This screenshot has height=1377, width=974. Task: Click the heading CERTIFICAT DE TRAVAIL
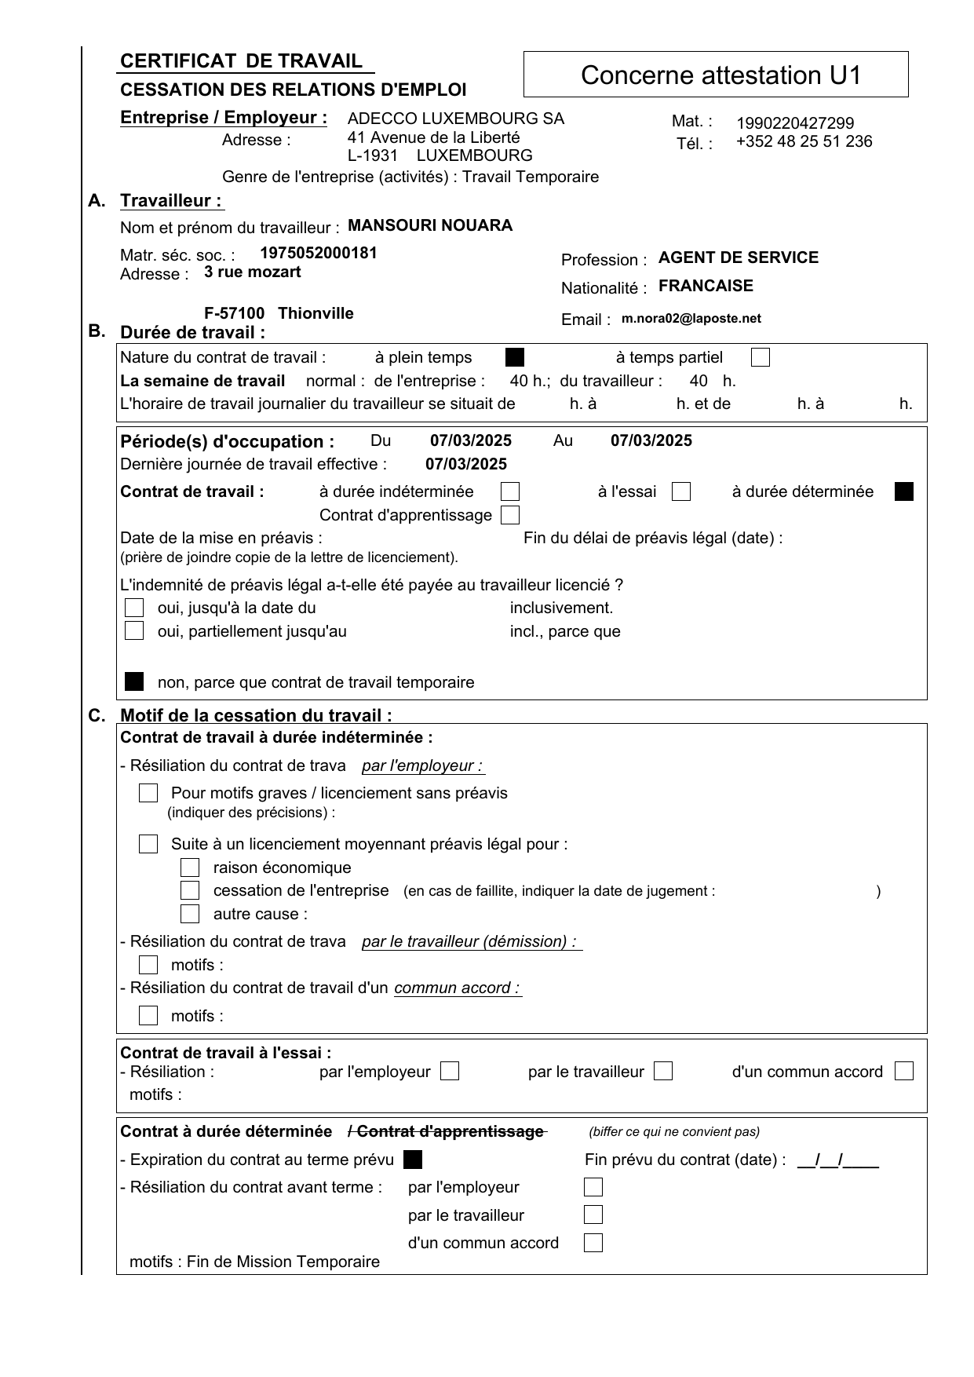[241, 61]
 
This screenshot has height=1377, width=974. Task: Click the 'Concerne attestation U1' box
[715, 75]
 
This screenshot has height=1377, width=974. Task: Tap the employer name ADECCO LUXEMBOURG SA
[455, 119]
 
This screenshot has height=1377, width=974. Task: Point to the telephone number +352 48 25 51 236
[804, 141]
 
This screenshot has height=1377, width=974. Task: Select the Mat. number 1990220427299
[794, 123]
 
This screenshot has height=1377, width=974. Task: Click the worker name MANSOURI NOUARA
[429, 226]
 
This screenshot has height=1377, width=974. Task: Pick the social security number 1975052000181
[318, 253]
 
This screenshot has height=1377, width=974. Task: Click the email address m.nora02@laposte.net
[691, 319]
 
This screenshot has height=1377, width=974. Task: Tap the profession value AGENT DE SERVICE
[738, 258]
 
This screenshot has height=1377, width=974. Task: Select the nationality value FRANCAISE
[706, 286]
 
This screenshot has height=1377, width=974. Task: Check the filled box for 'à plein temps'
[515, 358]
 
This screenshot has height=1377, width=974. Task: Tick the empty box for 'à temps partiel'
[760, 358]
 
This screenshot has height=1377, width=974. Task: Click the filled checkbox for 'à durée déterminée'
[903, 492]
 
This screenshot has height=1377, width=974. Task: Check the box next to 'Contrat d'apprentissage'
[510, 516]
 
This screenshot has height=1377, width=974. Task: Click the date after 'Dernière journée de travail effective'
[466, 464]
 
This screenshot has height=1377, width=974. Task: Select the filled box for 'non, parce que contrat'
[135, 681]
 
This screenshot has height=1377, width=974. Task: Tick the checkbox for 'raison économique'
[190, 867]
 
